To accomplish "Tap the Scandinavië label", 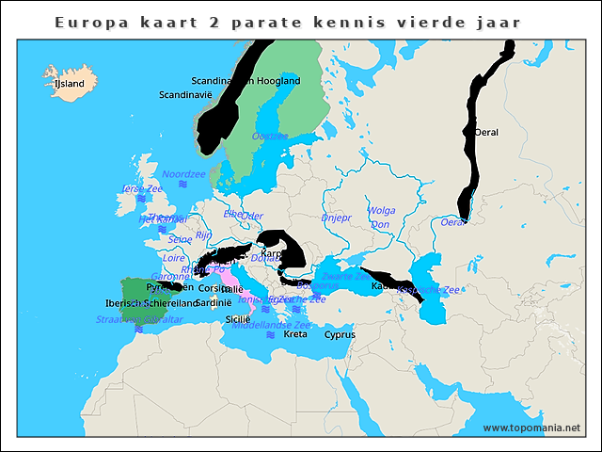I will pyautogui.click(x=185, y=95).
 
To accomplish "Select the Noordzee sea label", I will pyautogui.click(x=183, y=174).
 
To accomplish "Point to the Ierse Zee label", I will pyautogui.click(x=142, y=189).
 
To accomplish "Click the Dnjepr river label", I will pyautogui.click(x=336, y=218).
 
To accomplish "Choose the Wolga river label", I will pyautogui.click(x=382, y=211).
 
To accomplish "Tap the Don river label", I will pyautogui.click(x=380, y=225).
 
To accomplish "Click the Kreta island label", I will pyautogui.click(x=295, y=334).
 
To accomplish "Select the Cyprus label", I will pyautogui.click(x=340, y=334).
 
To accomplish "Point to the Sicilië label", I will pyautogui.click(x=238, y=319).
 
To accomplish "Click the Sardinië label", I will pyautogui.click(x=214, y=303).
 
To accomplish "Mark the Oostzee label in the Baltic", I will pyautogui.click(x=270, y=137).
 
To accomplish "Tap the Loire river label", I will pyautogui.click(x=174, y=257).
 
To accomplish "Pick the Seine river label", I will pyautogui.click(x=180, y=240).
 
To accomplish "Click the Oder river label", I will pyautogui.click(x=252, y=216).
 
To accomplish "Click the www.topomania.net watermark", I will pyautogui.click(x=531, y=428).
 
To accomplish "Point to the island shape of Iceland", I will pyautogui.click(x=68, y=78).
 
